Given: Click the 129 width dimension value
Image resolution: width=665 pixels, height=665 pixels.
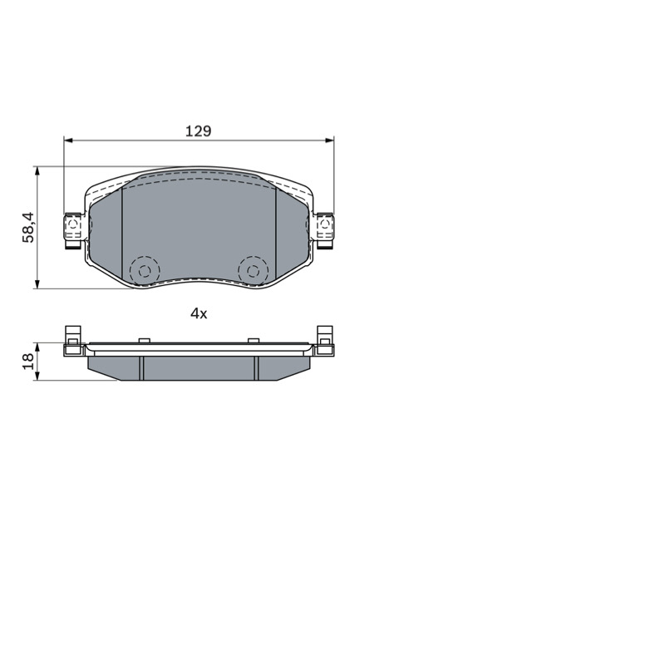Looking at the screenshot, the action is [x=198, y=131].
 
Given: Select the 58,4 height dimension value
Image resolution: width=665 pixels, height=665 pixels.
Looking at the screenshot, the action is [x=28, y=227].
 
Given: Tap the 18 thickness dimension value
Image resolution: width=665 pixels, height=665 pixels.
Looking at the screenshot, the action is [x=28, y=362].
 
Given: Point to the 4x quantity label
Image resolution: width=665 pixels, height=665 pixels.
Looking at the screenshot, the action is [x=199, y=313].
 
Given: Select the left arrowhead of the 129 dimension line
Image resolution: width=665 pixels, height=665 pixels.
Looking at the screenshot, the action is [x=68, y=140].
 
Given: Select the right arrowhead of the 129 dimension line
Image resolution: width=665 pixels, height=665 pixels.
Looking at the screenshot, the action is [x=329, y=140].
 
